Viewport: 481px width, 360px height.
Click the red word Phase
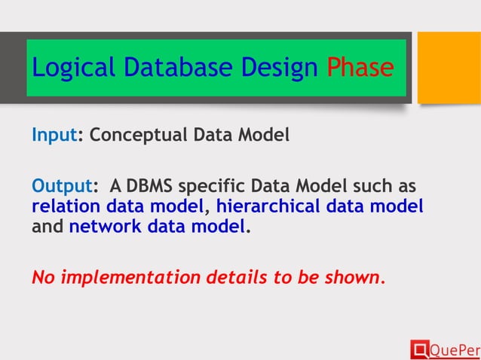360,69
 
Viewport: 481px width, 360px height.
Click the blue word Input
55,137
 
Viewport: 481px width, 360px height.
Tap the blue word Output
61,186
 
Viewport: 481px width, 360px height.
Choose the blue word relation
66,206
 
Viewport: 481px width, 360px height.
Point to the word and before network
47,226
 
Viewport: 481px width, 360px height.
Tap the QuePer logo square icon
418,349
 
